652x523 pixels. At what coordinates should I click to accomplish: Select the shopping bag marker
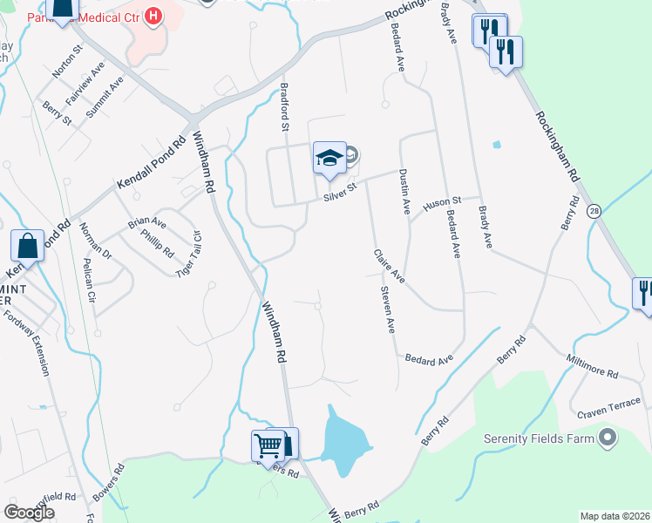(27, 247)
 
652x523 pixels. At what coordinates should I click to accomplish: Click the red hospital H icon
(153, 16)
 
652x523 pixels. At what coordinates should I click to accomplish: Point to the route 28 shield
(594, 211)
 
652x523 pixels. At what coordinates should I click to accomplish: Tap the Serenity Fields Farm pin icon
(608, 438)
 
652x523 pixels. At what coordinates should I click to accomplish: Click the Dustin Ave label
(404, 192)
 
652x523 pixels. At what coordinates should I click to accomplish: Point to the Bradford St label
(284, 106)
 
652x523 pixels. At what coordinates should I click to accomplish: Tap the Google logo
(30, 512)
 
